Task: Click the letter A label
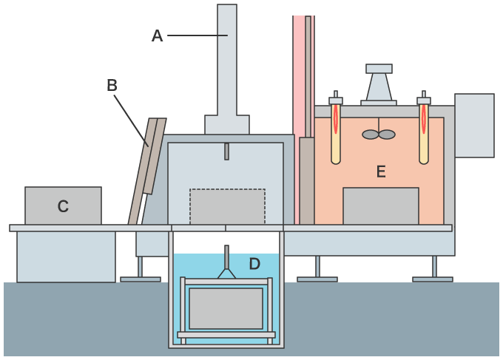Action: (x=157, y=35)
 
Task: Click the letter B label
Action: (x=112, y=85)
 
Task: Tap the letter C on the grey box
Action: (x=63, y=207)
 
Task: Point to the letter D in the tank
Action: (x=254, y=264)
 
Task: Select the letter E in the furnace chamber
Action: (x=381, y=172)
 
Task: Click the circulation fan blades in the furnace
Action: (x=379, y=135)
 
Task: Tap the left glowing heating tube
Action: (x=336, y=133)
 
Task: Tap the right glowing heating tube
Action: (x=424, y=133)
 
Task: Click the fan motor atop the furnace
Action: (x=379, y=84)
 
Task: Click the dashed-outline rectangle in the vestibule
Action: (x=227, y=206)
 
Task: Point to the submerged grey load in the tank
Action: (x=226, y=308)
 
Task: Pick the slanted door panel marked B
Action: (x=147, y=170)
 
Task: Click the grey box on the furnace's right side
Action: (x=474, y=125)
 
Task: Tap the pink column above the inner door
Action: (x=299, y=74)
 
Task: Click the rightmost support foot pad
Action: (x=433, y=279)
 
